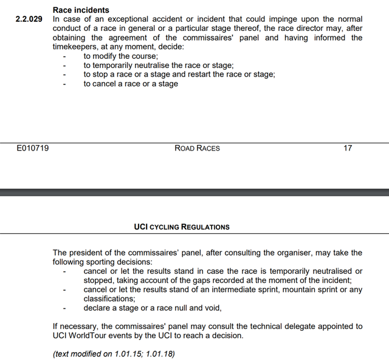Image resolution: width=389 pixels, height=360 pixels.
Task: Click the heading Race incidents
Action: tap(81, 10)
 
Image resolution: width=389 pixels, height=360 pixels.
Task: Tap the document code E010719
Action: tap(32, 148)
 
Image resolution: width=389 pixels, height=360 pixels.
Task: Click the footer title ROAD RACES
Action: tap(197, 148)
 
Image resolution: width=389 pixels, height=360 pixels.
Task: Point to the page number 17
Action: tap(348, 148)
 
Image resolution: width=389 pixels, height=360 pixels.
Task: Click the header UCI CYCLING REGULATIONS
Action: tap(182, 226)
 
